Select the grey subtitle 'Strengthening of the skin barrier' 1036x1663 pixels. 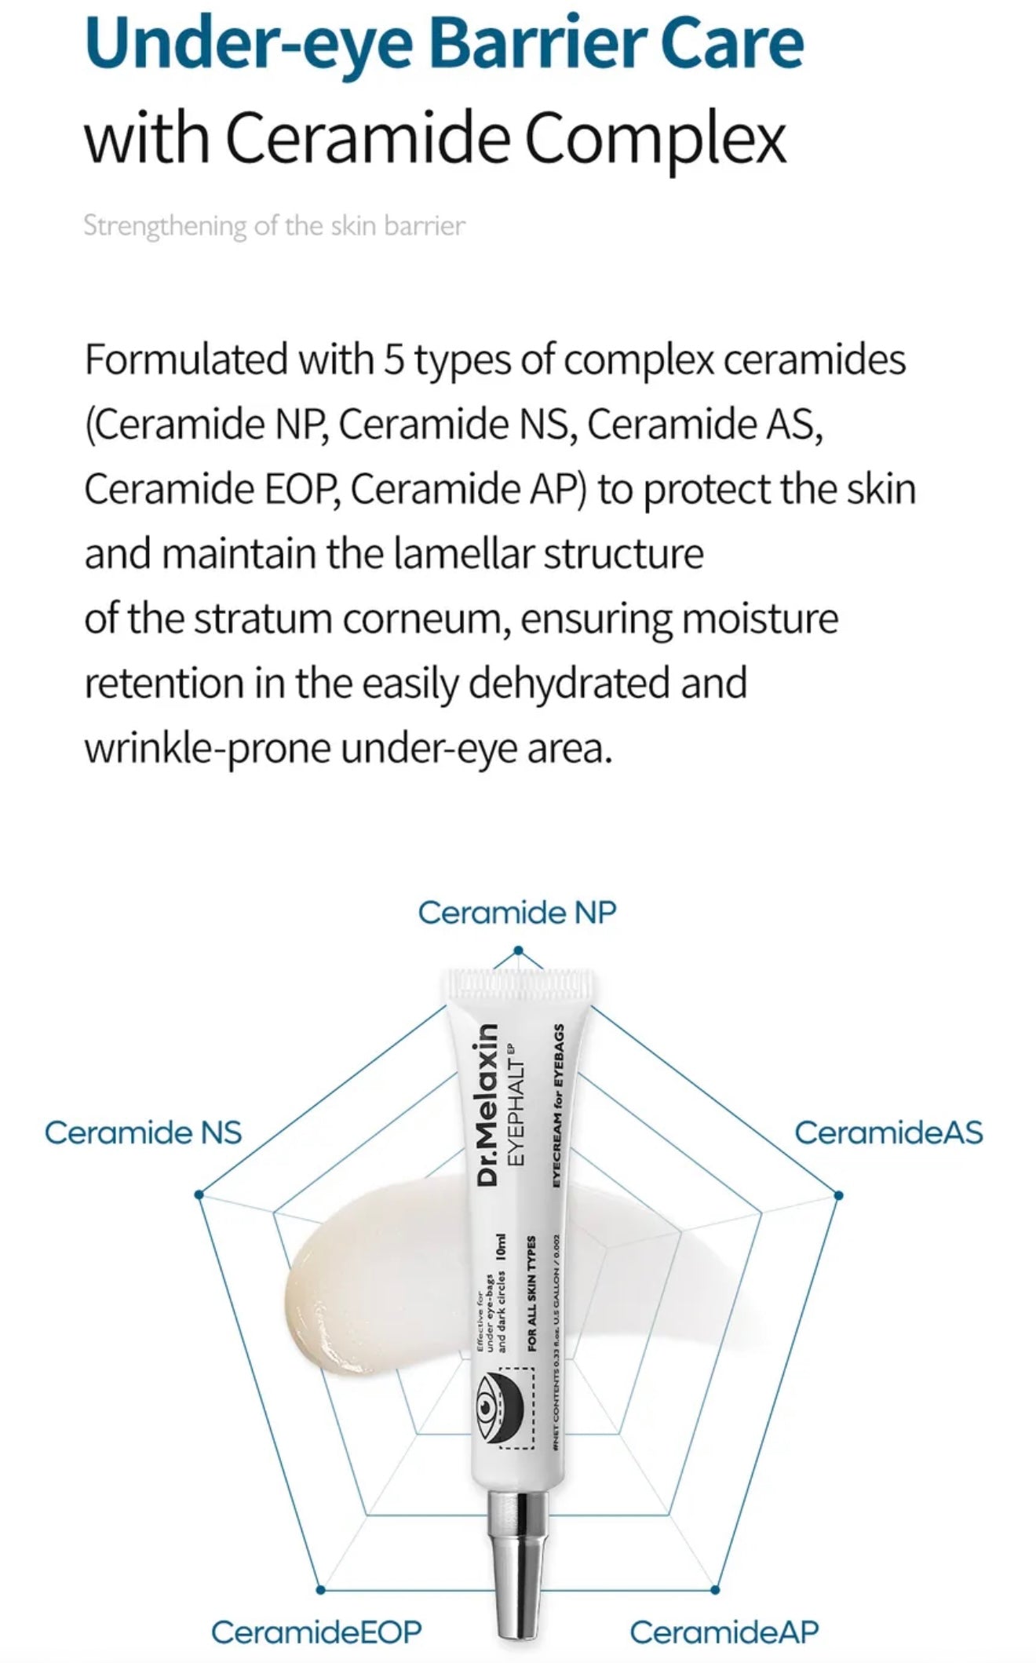coord(274,226)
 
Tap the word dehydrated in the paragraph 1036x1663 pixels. coord(569,684)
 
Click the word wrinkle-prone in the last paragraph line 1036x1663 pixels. coord(207,749)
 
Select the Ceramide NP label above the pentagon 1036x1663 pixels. coord(517,913)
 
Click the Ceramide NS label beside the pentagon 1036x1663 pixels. coord(143,1132)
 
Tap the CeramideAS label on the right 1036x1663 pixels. coord(888,1132)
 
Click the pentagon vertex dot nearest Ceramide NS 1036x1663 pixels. coord(199,1194)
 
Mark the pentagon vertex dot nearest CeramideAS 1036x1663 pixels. coord(838,1195)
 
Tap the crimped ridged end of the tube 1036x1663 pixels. coord(518,985)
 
